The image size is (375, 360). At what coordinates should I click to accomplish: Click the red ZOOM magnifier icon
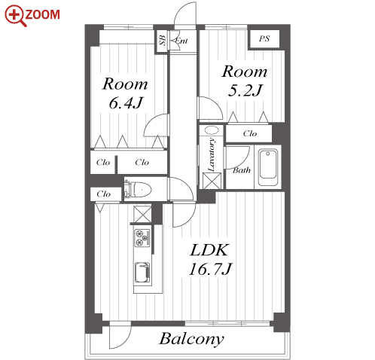[15, 15]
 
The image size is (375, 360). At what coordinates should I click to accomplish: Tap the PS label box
[264, 38]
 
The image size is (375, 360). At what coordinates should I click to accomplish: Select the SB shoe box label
[163, 41]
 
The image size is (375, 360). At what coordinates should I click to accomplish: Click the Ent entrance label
[181, 41]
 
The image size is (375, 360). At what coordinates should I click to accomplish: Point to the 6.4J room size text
[126, 102]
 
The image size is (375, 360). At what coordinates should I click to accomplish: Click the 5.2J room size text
[245, 90]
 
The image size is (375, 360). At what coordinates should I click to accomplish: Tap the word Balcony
[191, 339]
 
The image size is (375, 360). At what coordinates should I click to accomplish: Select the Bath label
[242, 170]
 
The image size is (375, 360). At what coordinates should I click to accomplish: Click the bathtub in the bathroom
[268, 167]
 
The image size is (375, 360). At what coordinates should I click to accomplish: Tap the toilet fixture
[138, 189]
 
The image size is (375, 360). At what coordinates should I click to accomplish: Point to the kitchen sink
[142, 273]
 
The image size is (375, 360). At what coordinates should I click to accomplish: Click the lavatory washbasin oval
[212, 130]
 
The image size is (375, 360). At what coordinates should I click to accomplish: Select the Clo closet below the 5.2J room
[248, 133]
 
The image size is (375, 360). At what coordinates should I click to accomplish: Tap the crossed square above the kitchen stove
[142, 214]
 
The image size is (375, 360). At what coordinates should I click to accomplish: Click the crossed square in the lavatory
[212, 181]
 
